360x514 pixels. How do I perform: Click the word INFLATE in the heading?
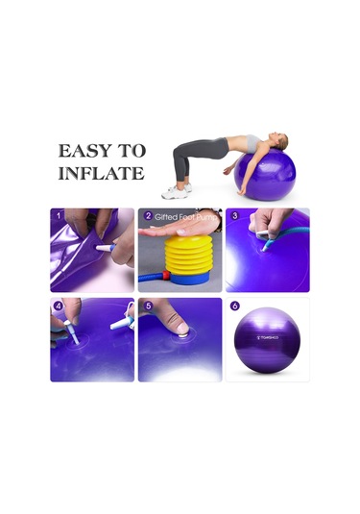coord(101,174)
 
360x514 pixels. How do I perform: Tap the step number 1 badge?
coord(58,215)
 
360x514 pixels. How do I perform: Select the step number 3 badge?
coord(233,215)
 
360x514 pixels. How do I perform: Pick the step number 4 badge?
coord(58,306)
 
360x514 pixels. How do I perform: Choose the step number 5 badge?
coord(147,306)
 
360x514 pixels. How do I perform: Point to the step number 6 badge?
coord(234,306)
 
